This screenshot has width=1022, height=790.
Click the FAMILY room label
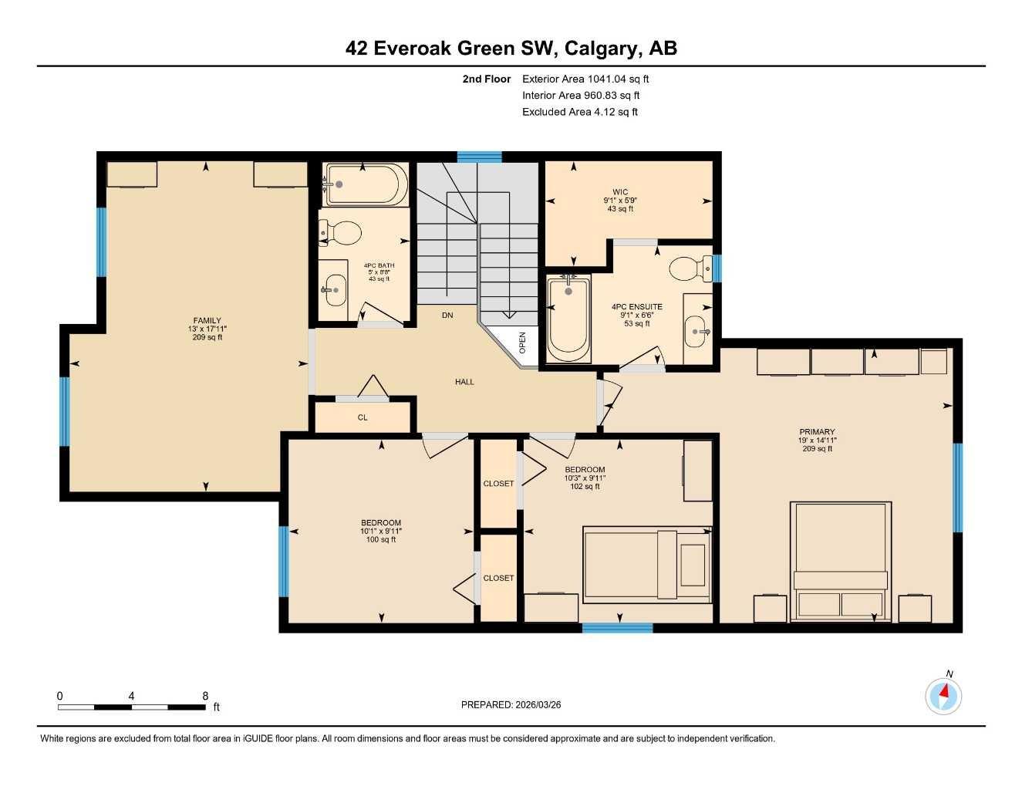[207, 321]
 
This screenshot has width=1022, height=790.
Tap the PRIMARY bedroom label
[817, 432]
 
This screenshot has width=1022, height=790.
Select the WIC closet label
[619, 192]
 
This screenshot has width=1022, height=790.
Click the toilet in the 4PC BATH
[341, 232]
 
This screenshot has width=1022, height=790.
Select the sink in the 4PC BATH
[334, 290]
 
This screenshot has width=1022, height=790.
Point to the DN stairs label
[447, 315]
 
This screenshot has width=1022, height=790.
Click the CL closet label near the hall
[363, 417]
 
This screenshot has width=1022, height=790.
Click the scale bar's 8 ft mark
[205, 696]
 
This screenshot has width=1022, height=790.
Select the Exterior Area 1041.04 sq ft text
[585, 79]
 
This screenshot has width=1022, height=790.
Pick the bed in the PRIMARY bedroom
[841, 561]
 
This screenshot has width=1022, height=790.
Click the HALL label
[464, 382]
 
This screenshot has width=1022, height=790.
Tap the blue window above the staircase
[479, 157]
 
